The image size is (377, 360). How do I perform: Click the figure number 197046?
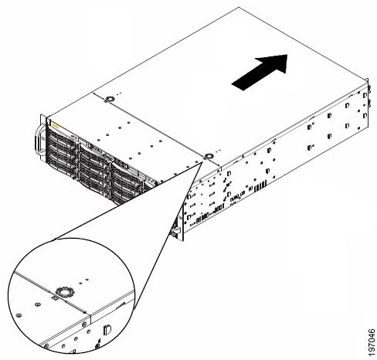coord(371,340)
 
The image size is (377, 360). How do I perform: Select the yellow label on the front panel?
coord(56,126)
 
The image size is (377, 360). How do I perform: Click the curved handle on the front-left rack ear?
coord(38,140)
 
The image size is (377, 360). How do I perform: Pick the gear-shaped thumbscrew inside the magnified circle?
coord(65,292)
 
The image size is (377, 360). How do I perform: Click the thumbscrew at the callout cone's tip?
coord(208,156)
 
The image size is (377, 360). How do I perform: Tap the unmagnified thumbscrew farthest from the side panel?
coord(110,99)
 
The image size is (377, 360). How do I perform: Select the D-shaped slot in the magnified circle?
coord(107,330)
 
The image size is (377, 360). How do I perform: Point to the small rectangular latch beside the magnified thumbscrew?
coord(55,298)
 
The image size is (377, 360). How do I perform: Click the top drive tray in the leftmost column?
coord(63,136)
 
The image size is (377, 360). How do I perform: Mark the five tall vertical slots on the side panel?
coord(260,186)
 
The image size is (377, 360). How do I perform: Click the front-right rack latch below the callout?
coord(175,230)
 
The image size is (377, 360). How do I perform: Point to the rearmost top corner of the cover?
coord(239,8)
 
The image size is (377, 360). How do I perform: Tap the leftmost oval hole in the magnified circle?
coord(19,315)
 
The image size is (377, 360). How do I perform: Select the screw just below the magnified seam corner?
coord(84,324)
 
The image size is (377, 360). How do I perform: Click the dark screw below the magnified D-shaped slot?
coord(98,346)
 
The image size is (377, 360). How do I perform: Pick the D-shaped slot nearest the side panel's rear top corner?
coord(365,95)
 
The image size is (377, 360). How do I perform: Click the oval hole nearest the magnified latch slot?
coord(37,304)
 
